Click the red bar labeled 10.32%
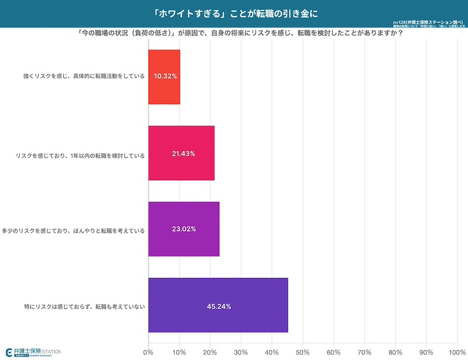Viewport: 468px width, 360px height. [x=164, y=77]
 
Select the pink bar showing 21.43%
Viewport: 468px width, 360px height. [x=181, y=153]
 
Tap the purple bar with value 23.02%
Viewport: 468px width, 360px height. [x=184, y=229]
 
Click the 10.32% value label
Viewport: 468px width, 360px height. [x=165, y=77]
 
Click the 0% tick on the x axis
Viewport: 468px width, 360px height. [x=149, y=352]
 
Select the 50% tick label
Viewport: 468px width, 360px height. [x=302, y=352]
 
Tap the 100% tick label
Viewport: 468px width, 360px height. [x=457, y=352]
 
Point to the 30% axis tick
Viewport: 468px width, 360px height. [x=241, y=352]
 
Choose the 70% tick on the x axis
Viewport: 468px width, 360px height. [x=364, y=352]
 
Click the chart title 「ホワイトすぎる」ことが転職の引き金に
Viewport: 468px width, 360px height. [x=234, y=13]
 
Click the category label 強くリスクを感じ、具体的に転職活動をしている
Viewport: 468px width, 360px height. [x=84, y=77]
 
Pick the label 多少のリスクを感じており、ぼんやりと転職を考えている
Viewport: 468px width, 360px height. [x=74, y=229]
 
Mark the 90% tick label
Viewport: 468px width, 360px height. [x=426, y=352]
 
